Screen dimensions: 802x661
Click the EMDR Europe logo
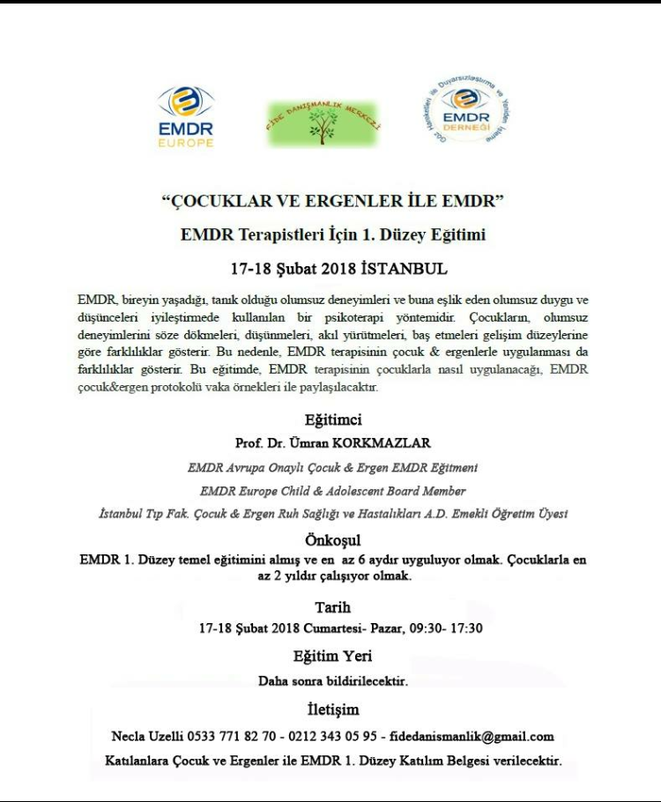[185, 116]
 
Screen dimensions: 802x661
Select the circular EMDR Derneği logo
[466, 110]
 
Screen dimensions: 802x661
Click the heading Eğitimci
[332, 420]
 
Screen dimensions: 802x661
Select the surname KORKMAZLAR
[386, 443]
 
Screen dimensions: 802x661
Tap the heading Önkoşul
[332, 539]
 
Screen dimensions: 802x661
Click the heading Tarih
[332, 607]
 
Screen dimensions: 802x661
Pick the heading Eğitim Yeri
[332, 656]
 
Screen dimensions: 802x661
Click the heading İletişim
[332, 709]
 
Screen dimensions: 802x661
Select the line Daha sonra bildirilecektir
[332, 681]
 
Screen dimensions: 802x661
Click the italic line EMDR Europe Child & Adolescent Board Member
[332, 491]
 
